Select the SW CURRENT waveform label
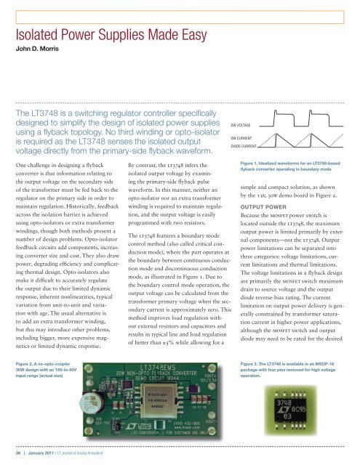pos(245,137)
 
